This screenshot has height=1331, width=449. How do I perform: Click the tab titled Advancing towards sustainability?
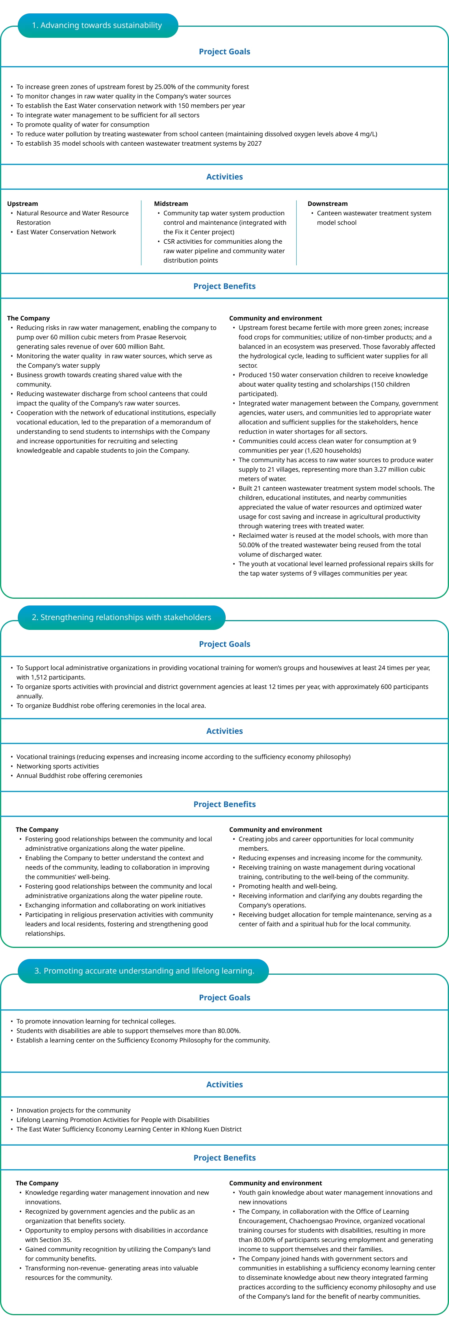97,25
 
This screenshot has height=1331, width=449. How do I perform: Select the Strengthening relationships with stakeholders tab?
121,617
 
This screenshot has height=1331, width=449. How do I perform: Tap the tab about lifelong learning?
144,971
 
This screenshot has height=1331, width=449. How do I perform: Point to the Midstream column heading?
171,204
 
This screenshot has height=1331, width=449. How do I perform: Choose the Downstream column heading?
328,204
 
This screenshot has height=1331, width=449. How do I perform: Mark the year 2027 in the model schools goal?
254,143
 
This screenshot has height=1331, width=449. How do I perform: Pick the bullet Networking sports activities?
58,766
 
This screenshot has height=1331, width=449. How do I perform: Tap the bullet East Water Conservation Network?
66,232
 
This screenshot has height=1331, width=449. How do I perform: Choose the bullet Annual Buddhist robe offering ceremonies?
79,776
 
